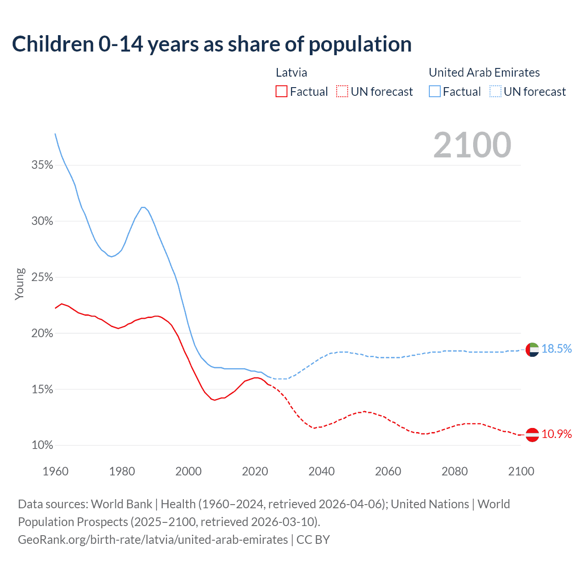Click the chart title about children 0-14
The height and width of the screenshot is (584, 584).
[x=212, y=44]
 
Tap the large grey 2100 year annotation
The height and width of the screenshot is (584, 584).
[x=472, y=145]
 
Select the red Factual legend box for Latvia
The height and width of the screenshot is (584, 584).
[x=282, y=92]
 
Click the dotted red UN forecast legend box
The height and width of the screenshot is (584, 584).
[x=342, y=92]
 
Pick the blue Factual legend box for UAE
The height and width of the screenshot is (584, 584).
[x=435, y=92]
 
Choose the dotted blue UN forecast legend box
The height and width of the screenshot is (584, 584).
[x=495, y=92]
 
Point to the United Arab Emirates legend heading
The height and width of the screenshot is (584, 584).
[x=484, y=73]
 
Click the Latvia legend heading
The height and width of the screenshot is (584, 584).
[x=292, y=73]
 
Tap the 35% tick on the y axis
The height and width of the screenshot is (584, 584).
[x=42, y=165]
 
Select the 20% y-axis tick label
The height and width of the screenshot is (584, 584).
[x=42, y=334]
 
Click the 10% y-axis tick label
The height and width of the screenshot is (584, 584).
[x=42, y=445]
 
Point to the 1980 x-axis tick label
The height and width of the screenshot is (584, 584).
[x=122, y=471]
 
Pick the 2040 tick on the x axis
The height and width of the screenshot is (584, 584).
[x=322, y=471]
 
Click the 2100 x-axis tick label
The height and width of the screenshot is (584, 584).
[x=521, y=471]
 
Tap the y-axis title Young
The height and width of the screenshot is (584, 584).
[x=20, y=284]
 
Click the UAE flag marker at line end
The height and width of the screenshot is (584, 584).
[x=532, y=350]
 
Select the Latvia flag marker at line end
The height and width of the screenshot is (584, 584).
[x=532, y=435]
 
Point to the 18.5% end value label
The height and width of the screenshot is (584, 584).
[x=557, y=349]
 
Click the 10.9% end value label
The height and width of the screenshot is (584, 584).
[x=557, y=434]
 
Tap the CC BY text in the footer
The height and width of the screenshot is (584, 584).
[x=313, y=540]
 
